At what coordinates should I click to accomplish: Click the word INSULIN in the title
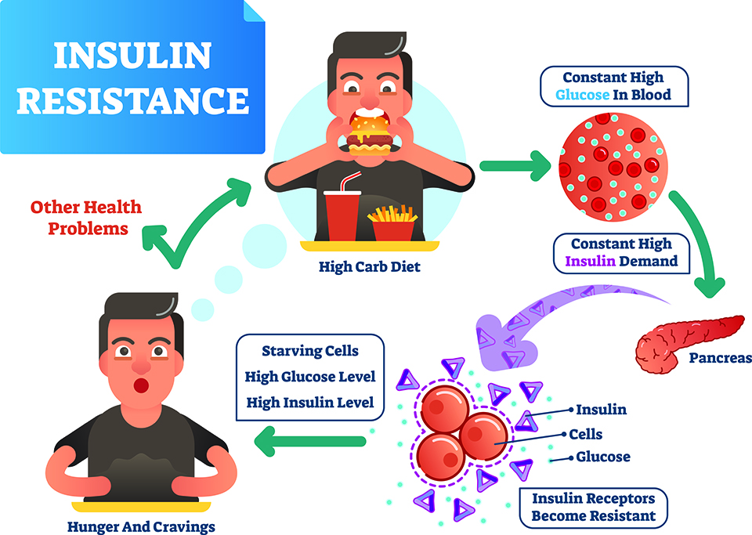pos(132,56)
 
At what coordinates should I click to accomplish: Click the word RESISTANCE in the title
pos(133,100)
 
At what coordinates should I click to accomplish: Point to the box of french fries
pos(392,223)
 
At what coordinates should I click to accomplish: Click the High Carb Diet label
pos(369,266)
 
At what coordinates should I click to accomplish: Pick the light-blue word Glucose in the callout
pos(582,95)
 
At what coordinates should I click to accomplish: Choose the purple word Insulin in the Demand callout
pos(590,261)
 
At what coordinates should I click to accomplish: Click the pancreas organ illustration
pos(689,343)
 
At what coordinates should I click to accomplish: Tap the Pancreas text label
pos(720,358)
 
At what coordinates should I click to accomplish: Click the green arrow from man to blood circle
pos(515,166)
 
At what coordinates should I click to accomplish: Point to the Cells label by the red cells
pos(586,434)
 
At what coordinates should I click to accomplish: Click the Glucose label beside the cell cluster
pos(603,457)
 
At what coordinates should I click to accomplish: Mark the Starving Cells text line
pos(310,351)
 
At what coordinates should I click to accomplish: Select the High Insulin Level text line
pos(310,402)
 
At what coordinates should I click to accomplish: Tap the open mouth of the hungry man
pos(141,385)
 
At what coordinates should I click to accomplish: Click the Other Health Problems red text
pos(86,218)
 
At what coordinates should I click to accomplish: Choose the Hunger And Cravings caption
pos(141,527)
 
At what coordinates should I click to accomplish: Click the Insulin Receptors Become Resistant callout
pos(593,508)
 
